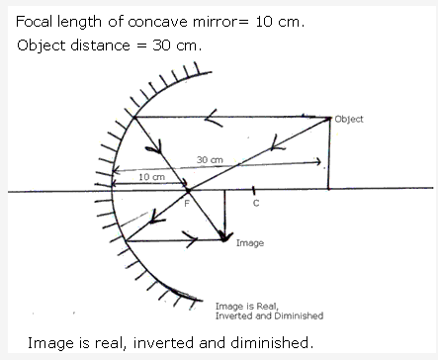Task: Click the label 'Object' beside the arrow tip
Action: click(349, 120)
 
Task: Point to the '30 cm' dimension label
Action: click(209, 159)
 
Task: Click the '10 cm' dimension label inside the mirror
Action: click(152, 176)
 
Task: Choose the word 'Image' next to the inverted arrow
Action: click(249, 241)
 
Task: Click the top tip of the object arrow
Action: click(329, 117)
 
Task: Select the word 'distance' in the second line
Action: click(94, 45)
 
